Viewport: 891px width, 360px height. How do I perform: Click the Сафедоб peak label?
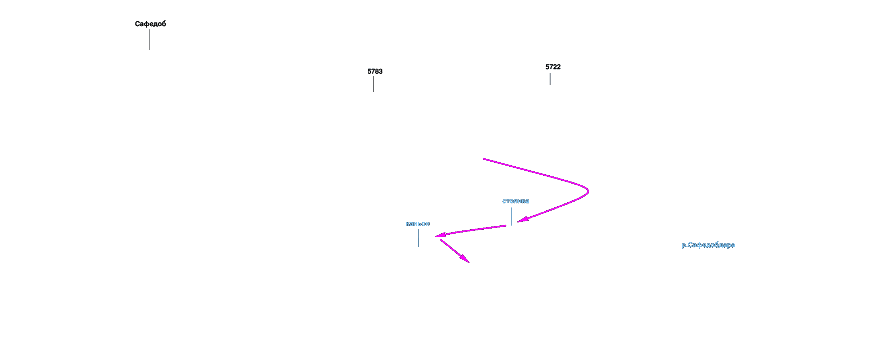click(150, 24)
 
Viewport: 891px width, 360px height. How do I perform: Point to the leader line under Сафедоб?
click(150, 40)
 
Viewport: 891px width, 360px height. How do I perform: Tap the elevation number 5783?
click(375, 71)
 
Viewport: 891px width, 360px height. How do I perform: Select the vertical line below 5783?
click(373, 84)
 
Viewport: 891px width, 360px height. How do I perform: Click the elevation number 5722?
click(553, 67)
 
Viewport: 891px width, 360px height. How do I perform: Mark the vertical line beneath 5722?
click(550, 79)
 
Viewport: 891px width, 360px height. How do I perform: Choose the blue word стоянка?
click(515, 201)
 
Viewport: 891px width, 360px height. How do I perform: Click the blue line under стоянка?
click(511, 216)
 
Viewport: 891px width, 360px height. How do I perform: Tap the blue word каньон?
click(417, 224)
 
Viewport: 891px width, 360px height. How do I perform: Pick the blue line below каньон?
click(418, 238)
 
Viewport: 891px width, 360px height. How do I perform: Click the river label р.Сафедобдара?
click(708, 245)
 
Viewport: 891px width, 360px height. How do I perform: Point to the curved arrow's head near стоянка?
click(521, 220)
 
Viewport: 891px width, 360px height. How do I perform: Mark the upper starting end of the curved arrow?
click(484, 159)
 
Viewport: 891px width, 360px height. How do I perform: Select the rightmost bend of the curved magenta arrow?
click(588, 191)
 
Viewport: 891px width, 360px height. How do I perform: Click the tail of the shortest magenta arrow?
click(440, 240)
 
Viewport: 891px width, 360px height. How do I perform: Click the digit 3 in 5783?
click(380, 71)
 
